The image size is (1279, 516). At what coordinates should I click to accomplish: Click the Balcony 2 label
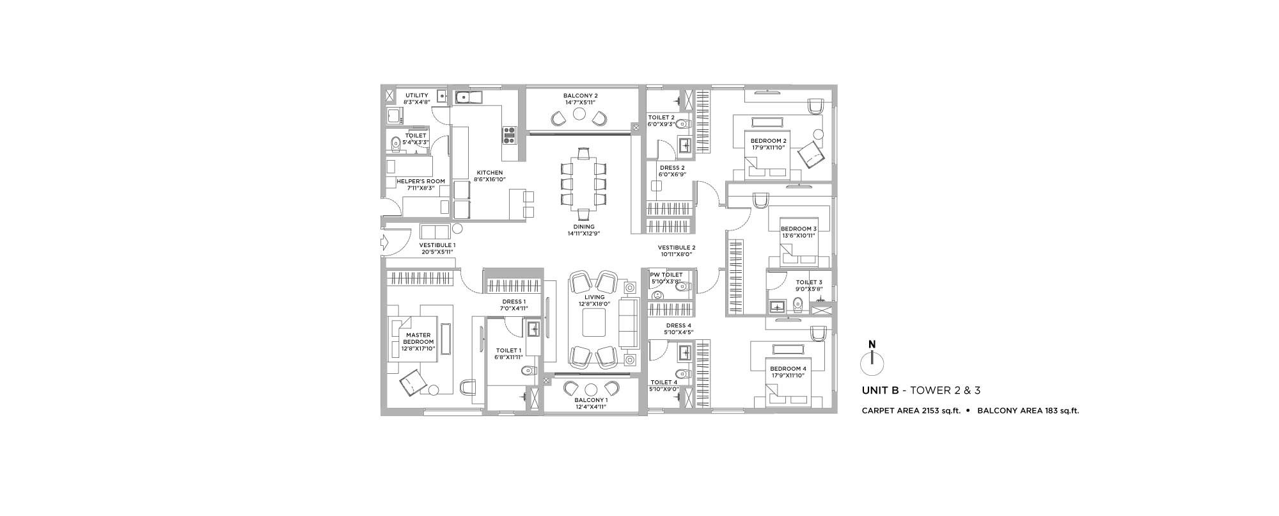point(581,95)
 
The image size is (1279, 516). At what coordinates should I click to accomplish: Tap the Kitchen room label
point(489,173)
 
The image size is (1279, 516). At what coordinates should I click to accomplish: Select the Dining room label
point(584,227)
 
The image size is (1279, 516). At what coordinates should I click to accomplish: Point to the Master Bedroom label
point(418,339)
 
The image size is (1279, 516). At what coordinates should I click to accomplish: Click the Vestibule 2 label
point(677,247)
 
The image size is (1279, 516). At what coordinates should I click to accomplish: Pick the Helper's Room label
point(420,181)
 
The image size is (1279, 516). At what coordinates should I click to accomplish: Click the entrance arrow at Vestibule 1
point(384,243)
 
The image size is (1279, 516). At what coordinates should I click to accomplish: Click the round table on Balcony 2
point(579,114)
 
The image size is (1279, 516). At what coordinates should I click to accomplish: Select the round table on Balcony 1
point(591,389)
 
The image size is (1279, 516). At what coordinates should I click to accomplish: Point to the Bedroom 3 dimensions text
point(799,236)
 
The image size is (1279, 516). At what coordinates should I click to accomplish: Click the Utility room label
point(417,95)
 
